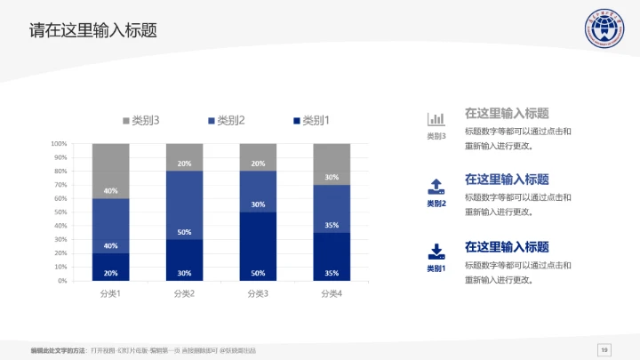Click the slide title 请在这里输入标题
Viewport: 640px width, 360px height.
pos(93,30)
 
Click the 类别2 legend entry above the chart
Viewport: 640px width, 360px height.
pos(226,121)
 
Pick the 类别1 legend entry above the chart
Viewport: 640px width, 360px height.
pos(311,121)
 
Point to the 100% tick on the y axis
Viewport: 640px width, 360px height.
pos(60,143)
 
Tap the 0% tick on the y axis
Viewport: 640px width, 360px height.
pos(63,281)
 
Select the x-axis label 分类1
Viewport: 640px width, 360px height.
pos(110,293)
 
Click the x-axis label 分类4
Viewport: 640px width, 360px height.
pos(331,293)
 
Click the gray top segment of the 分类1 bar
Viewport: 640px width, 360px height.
pos(110,171)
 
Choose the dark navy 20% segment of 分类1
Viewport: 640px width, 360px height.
pos(110,268)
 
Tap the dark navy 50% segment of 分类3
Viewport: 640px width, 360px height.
pos(258,246)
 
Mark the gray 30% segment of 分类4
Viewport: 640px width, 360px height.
pos(331,164)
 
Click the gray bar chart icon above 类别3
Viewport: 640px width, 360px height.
pos(436,119)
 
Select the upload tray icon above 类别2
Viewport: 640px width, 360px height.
pos(436,186)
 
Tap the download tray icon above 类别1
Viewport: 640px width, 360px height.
pos(436,251)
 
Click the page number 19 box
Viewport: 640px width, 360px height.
pos(604,348)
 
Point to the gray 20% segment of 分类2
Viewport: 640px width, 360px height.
pos(184,157)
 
